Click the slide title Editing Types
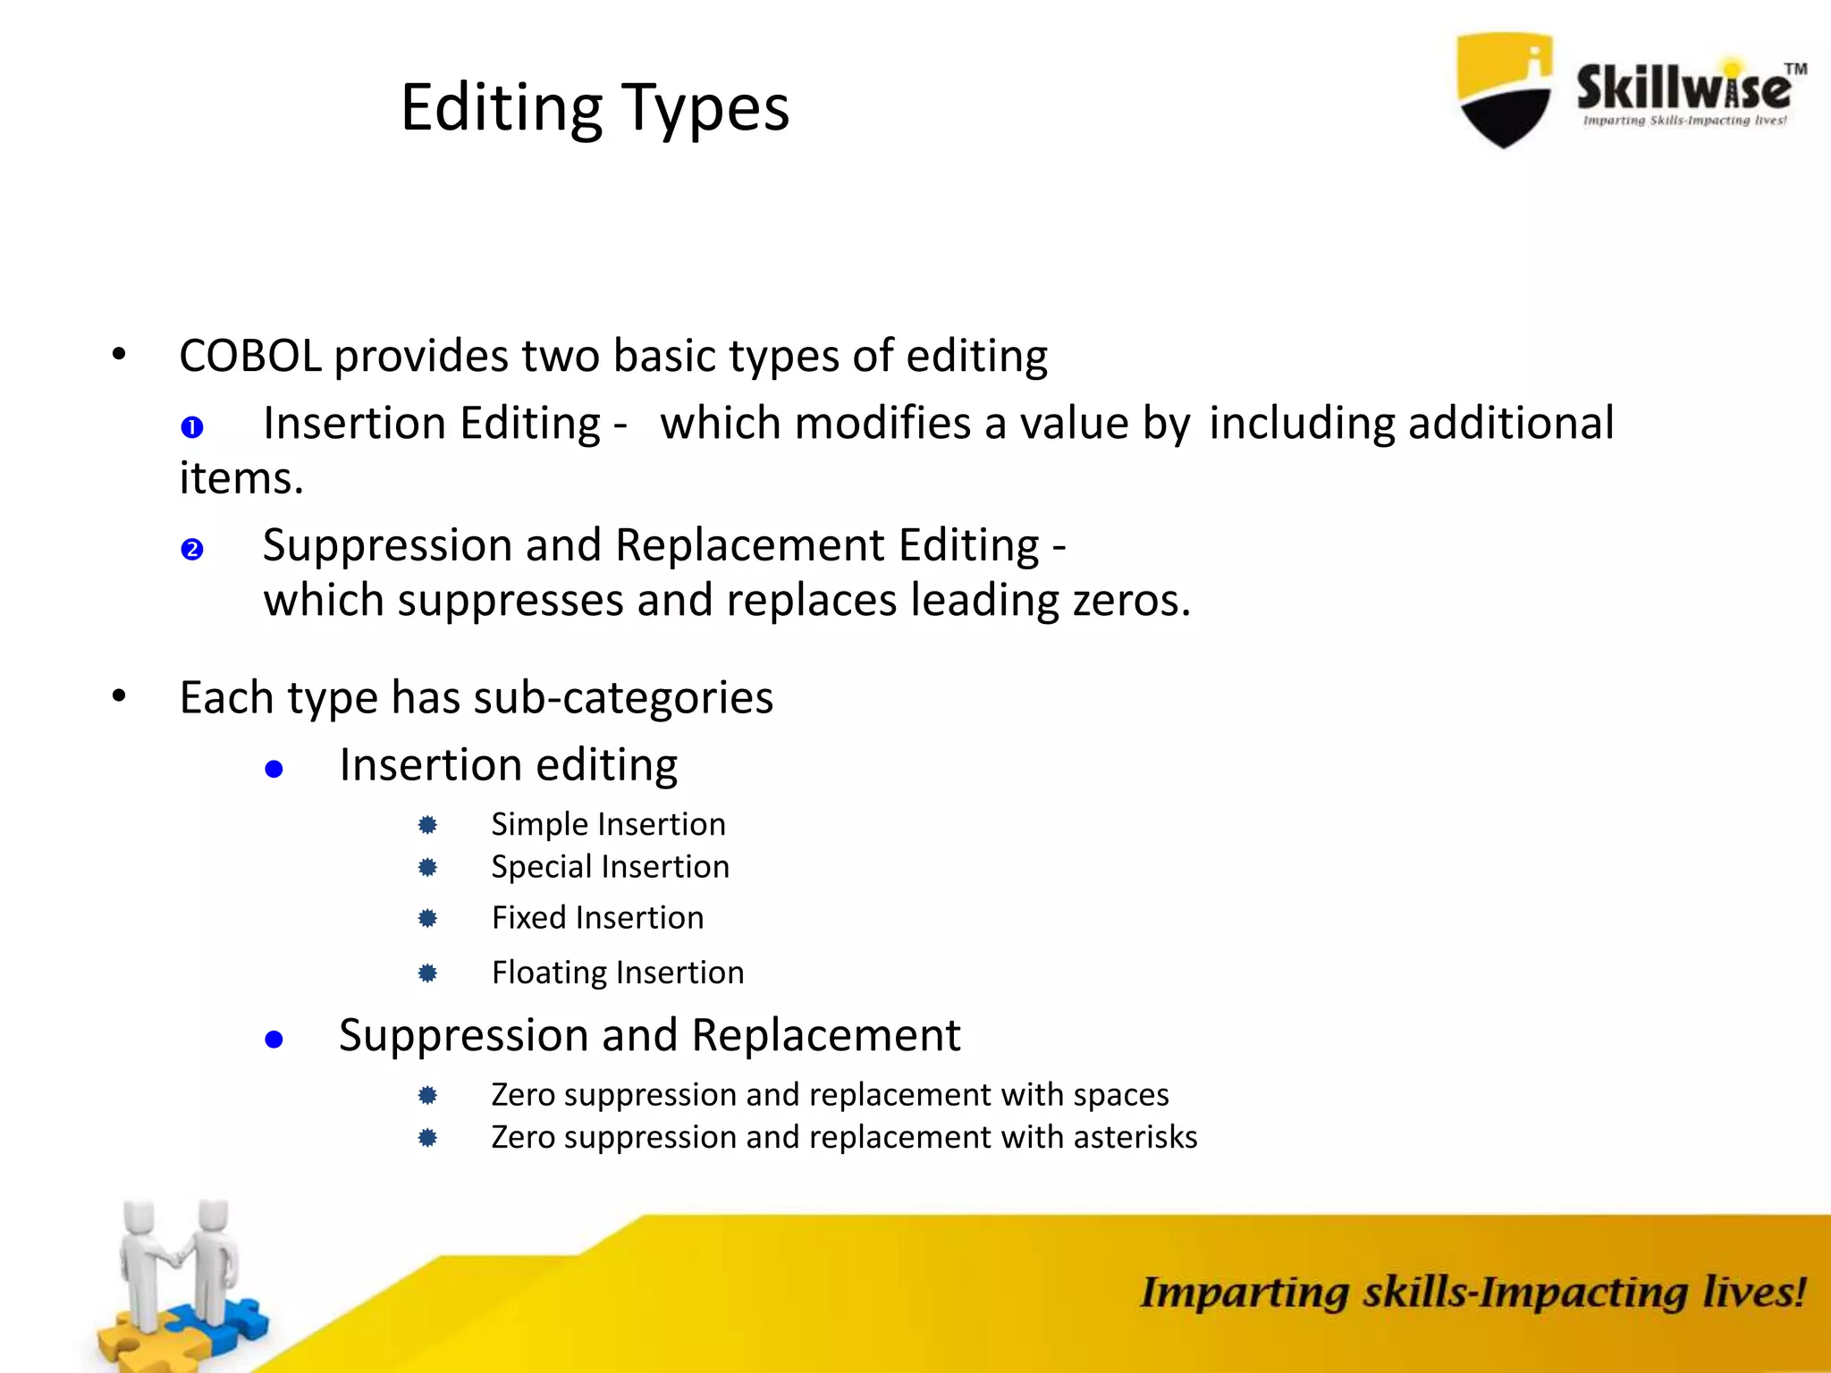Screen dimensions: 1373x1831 [x=595, y=108]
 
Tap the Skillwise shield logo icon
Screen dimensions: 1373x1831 [x=1505, y=89]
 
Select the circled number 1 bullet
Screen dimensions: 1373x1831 [x=192, y=427]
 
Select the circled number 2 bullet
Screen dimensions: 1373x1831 [x=192, y=549]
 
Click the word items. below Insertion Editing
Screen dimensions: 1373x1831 [x=241, y=478]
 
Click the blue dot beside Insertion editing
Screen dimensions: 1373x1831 [x=274, y=769]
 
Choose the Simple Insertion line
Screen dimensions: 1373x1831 [x=608, y=824]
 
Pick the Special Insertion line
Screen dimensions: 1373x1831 [x=610, y=867]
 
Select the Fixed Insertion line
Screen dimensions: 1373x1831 [x=597, y=918]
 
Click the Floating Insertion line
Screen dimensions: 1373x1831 [x=617, y=973]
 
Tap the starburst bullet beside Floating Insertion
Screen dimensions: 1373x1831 [x=427, y=973]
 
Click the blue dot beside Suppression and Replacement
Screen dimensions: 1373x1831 [x=274, y=1039]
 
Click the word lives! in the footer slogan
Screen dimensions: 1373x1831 [x=1753, y=1293]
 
